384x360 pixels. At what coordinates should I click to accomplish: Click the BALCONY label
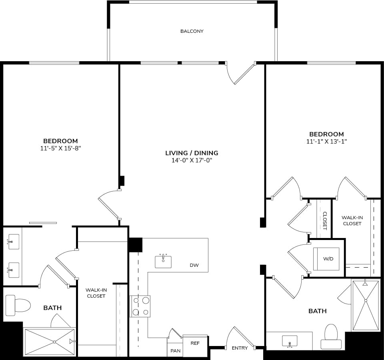click(192, 31)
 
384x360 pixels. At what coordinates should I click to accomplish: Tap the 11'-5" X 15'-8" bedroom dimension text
click(60, 148)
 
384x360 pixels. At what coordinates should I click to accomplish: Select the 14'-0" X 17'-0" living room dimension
click(192, 160)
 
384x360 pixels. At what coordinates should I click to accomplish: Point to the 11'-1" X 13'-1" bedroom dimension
click(326, 142)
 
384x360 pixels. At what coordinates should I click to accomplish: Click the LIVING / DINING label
click(192, 153)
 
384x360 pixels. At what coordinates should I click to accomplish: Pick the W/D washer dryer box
click(328, 259)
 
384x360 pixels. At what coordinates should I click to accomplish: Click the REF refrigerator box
click(195, 343)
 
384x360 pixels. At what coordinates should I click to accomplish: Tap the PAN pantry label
click(175, 351)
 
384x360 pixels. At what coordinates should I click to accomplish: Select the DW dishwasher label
click(194, 265)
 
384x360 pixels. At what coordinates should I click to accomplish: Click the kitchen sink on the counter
click(163, 261)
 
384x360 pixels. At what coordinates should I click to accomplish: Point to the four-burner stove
click(140, 306)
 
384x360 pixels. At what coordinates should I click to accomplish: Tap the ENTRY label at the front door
click(240, 348)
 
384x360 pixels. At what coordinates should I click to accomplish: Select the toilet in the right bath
click(331, 336)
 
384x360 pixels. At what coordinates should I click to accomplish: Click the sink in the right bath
click(289, 341)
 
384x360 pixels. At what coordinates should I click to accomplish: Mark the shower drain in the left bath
click(54, 342)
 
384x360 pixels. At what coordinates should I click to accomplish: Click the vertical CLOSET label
click(325, 221)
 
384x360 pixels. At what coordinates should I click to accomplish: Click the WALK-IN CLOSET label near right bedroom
click(352, 221)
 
